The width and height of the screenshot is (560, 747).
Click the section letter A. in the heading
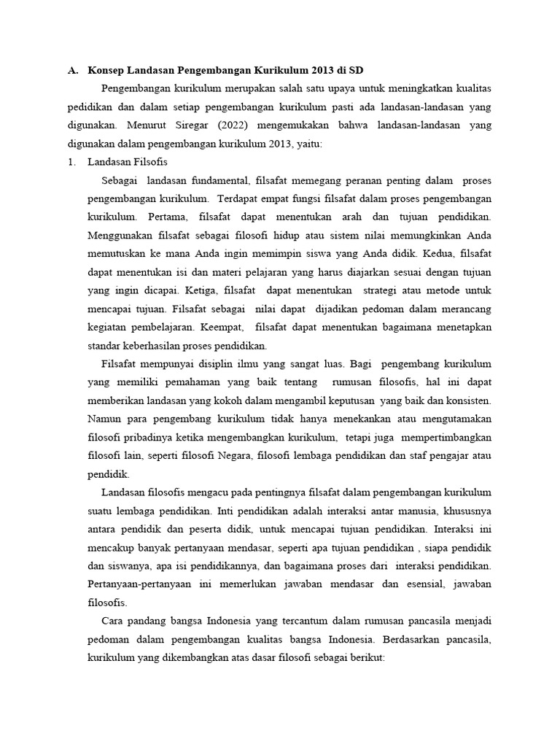point(72,71)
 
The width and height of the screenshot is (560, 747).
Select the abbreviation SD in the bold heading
point(354,71)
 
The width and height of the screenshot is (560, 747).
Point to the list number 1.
point(71,162)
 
